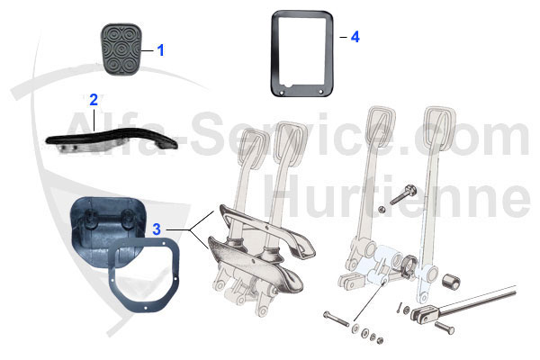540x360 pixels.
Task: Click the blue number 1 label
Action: [160, 50]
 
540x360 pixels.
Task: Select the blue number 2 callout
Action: [94, 100]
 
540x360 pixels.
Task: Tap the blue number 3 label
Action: [157, 229]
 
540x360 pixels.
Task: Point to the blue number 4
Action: [355, 37]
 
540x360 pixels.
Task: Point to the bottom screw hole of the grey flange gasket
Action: [146, 308]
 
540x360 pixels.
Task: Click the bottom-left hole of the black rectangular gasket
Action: [282, 93]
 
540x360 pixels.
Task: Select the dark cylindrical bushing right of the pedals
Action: [451, 282]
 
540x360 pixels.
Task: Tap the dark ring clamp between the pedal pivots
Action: [408, 266]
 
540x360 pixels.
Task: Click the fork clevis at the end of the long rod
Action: [424, 314]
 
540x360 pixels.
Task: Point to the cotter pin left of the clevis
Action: [399, 307]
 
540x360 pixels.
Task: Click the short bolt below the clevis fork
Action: [445, 328]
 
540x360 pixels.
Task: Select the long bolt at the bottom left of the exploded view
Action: [337, 319]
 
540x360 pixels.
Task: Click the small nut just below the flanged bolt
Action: [382, 210]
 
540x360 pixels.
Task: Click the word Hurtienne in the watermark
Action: [397, 195]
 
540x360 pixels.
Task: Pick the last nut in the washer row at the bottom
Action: [380, 341]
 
